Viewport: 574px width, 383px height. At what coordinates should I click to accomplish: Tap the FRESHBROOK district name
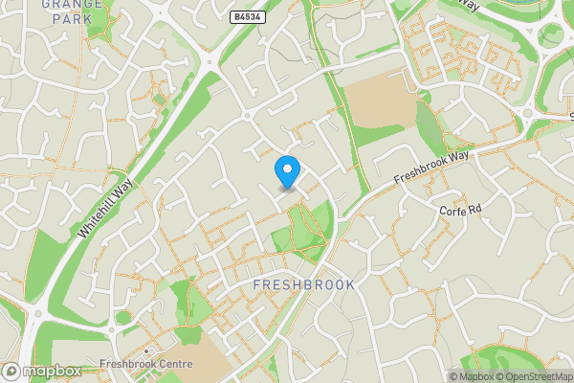coord(304,285)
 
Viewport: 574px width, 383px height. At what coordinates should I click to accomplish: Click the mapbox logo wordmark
coord(52,371)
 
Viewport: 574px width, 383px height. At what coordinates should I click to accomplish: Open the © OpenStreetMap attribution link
coord(535,376)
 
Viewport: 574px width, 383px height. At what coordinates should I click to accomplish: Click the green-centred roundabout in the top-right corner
coord(550,35)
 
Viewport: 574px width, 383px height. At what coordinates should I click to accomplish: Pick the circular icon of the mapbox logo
coord(11,371)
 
